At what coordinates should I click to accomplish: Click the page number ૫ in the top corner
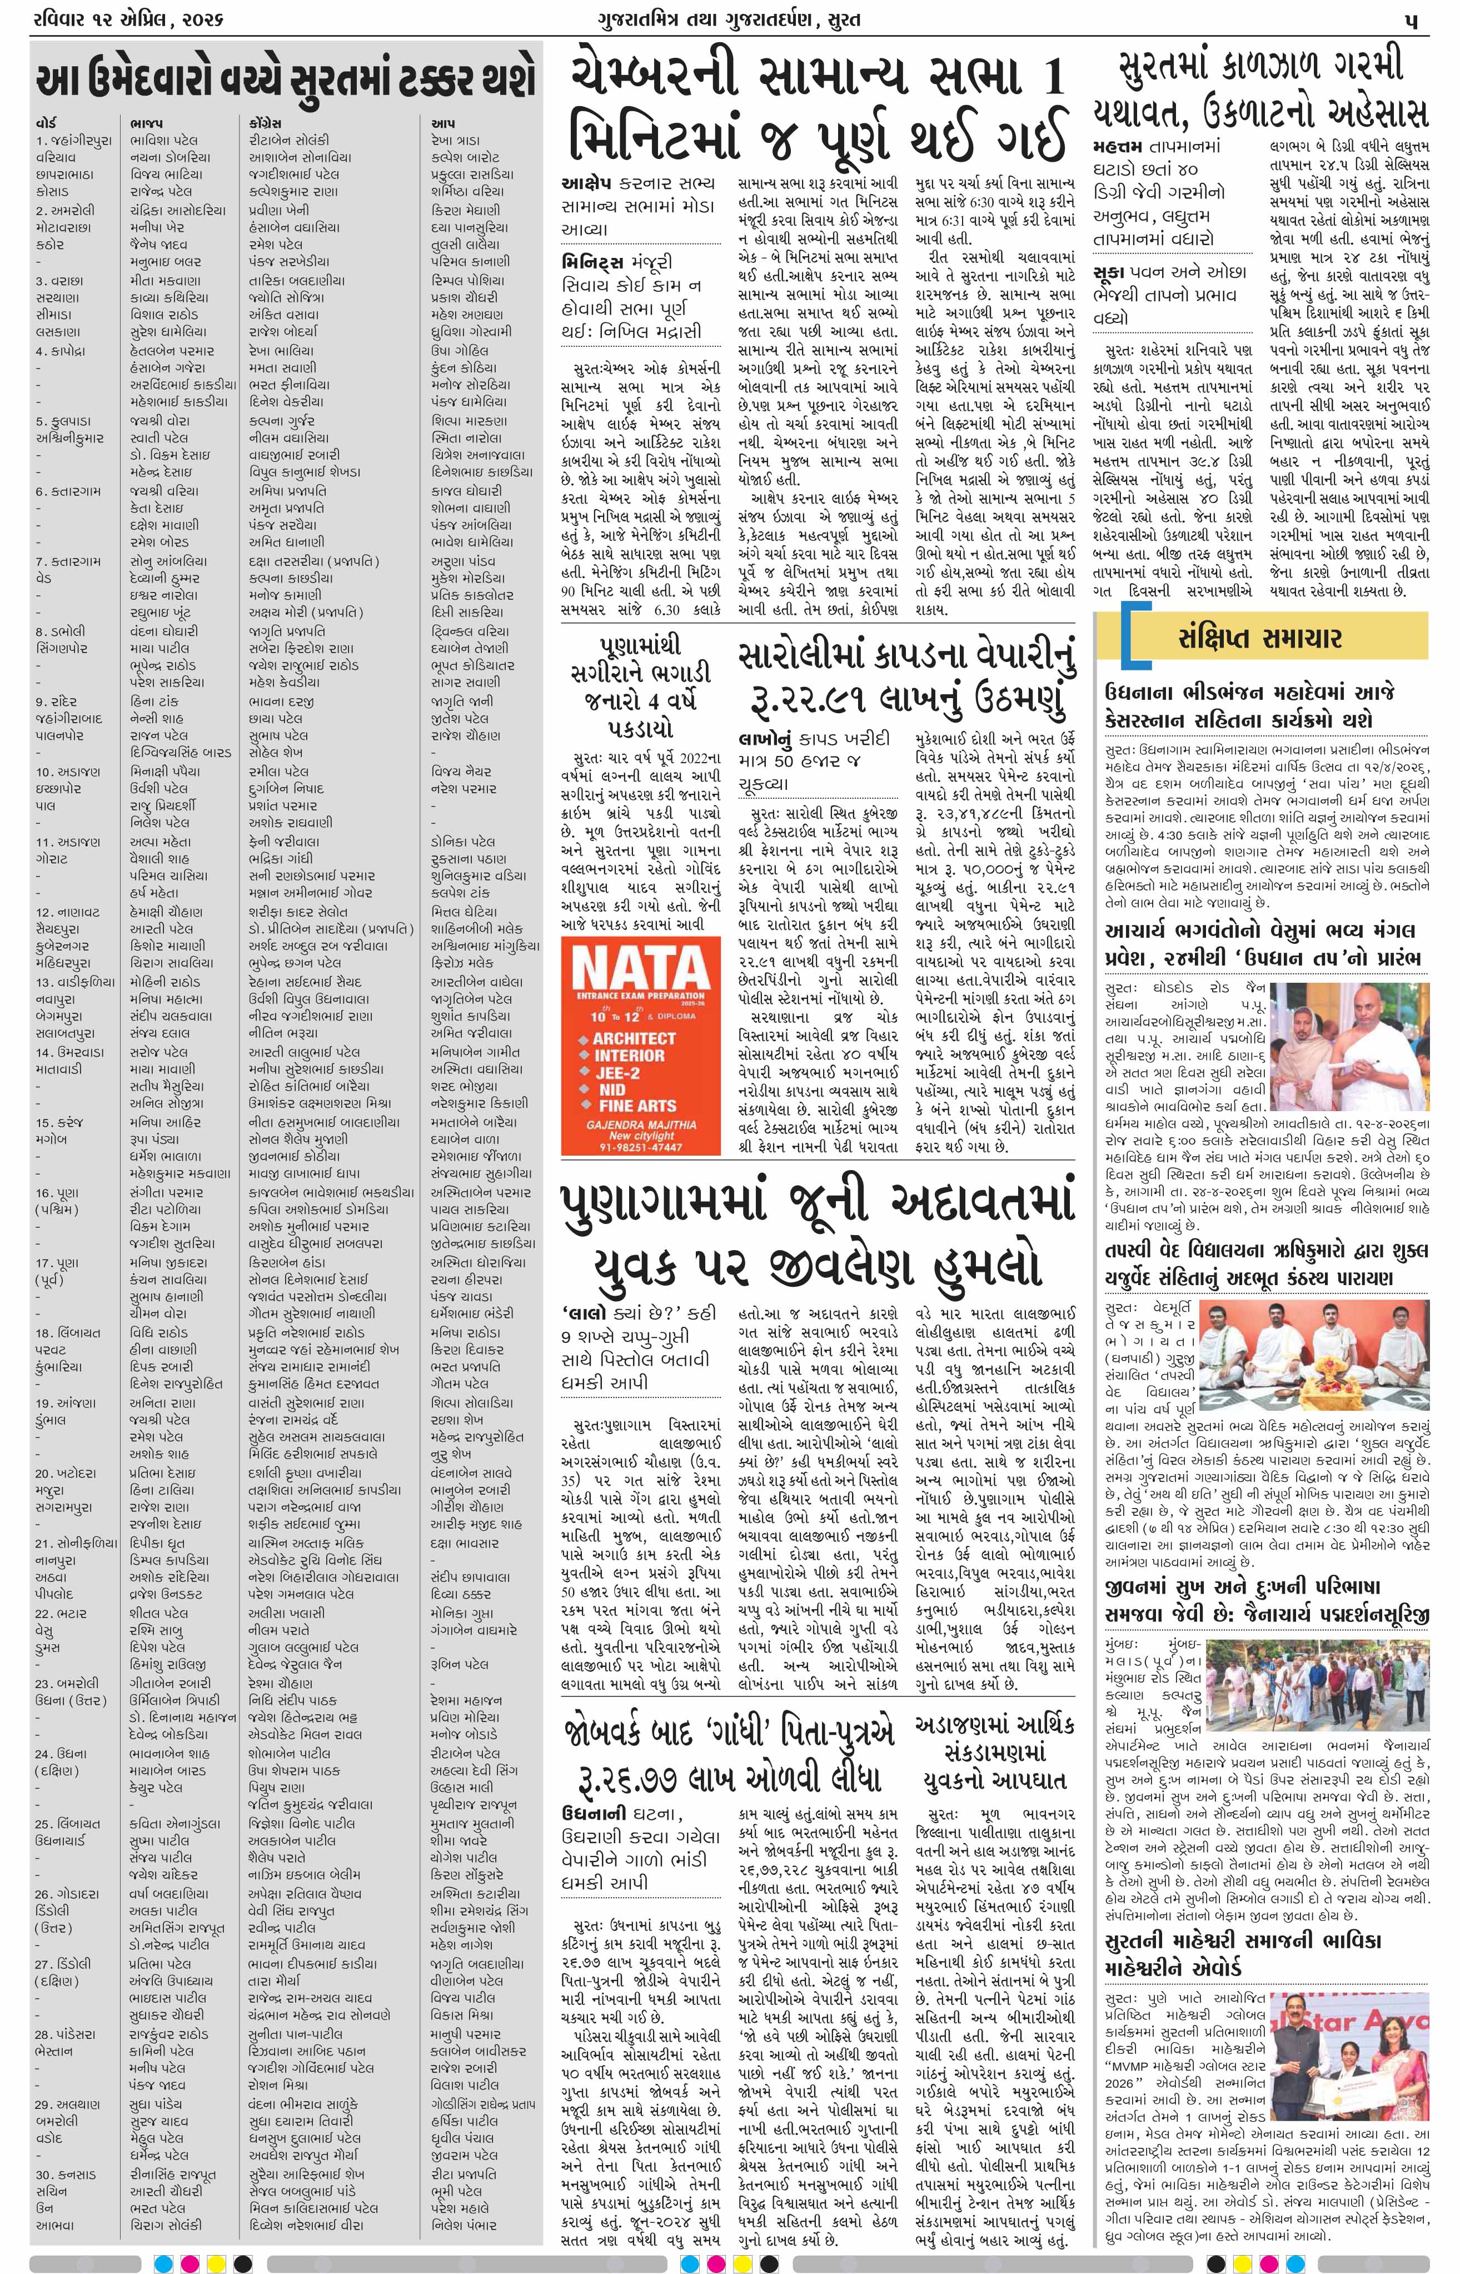1412,20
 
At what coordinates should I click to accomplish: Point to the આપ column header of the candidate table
443,123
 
